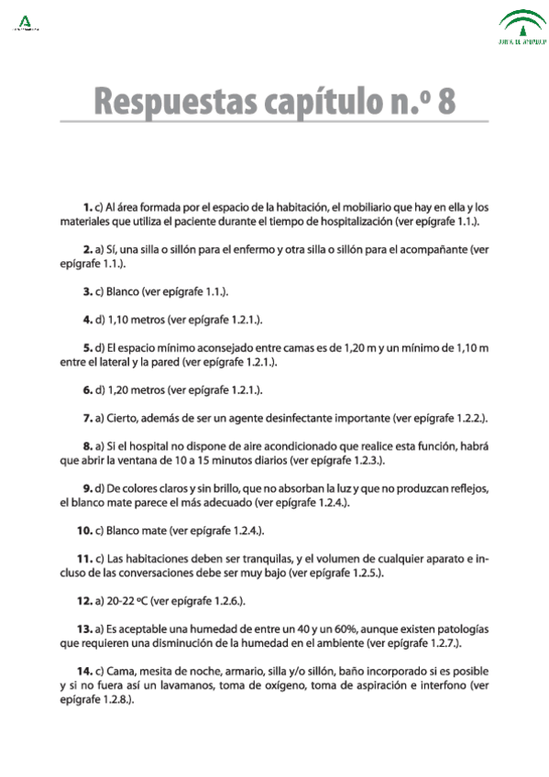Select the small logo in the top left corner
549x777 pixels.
pos(25,21)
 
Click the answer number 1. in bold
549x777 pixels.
pos(87,207)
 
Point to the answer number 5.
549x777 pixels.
pos(87,348)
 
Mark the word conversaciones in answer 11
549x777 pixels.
pos(166,573)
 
